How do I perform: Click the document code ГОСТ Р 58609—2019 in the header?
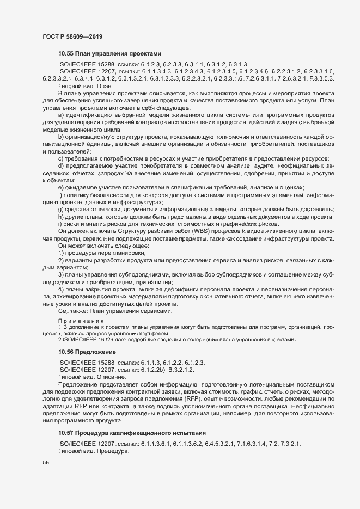click(x=72, y=36)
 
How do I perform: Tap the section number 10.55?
click(x=66, y=54)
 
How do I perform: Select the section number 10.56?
click(x=66, y=353)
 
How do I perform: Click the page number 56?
click(x=45, y=462)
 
